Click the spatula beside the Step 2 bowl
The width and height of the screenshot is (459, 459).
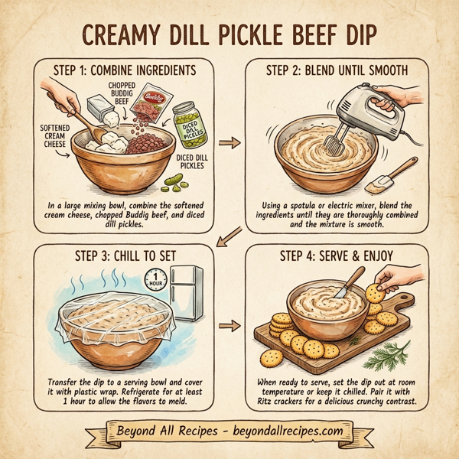point(383,181)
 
